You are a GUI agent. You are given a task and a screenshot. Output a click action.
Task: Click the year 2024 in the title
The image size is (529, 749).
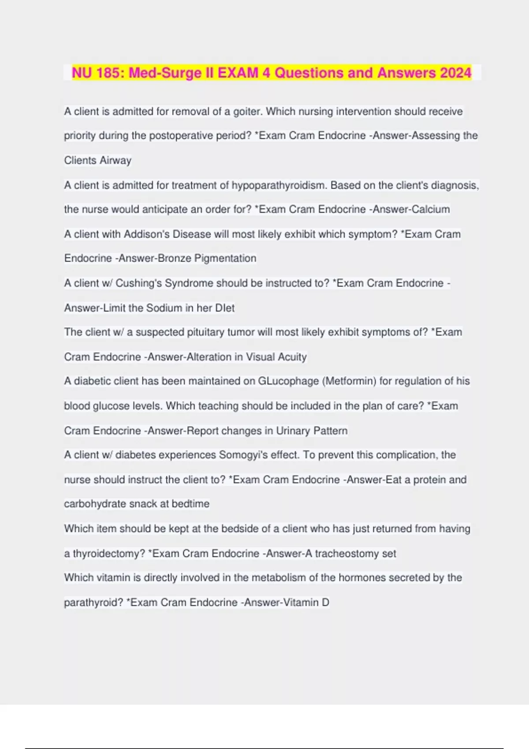point(455,73)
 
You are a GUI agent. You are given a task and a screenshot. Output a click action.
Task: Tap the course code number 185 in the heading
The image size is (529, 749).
point(109,73)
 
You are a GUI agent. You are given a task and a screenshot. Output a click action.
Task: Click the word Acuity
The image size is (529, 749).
point(292,357)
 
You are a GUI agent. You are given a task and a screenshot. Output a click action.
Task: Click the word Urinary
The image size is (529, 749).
point(293,430)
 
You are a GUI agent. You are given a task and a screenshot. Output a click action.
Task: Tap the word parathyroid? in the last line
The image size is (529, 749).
point(93,602)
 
